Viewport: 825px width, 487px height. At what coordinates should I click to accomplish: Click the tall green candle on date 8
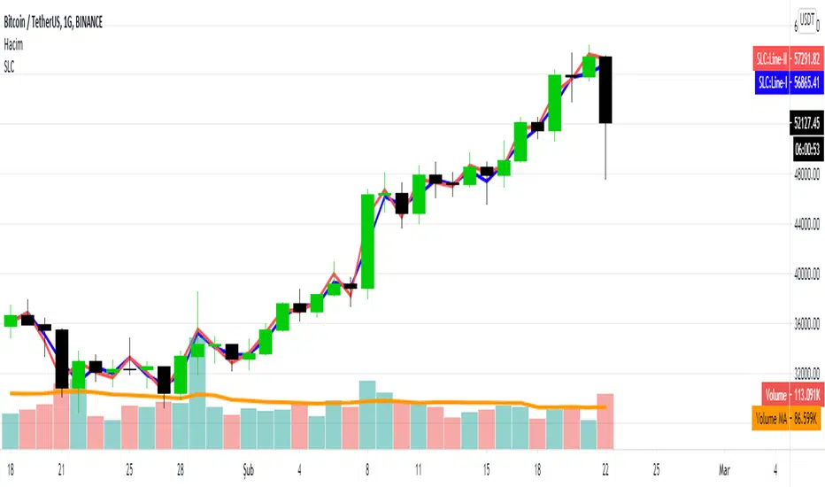[x=367, y=241]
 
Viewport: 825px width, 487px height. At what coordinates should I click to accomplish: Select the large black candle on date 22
[x=605, y=89]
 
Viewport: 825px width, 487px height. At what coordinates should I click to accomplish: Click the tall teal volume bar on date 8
[x=367, y=416]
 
